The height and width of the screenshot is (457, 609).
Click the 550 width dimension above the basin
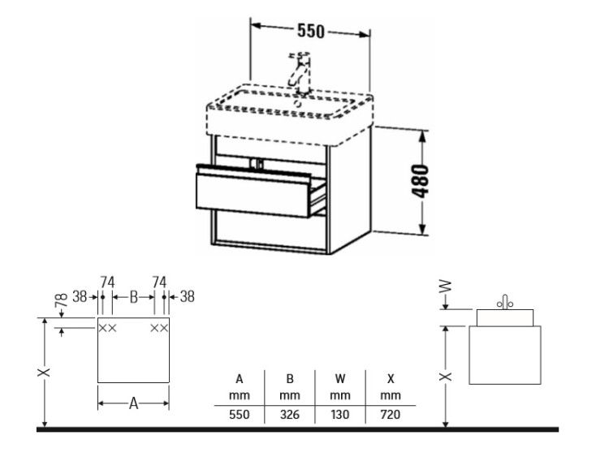point(310,31)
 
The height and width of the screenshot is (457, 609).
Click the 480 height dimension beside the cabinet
point(421,181)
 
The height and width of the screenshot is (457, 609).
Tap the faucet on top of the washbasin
point(300,74)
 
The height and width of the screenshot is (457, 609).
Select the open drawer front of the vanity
point(253,194)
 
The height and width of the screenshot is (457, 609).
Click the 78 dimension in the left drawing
point(63,300)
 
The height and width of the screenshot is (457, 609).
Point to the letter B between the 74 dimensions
point(134,297)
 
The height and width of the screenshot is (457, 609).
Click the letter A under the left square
point(134,403)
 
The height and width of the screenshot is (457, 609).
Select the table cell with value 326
point(290,414)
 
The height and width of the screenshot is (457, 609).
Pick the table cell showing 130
point(340,414)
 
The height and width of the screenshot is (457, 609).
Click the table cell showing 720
point(391,414)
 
